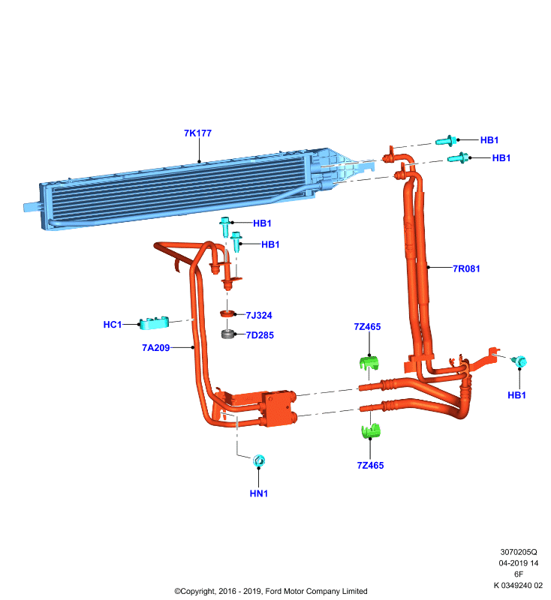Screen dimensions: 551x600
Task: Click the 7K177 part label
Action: pyautogui.click(x=197, y=133)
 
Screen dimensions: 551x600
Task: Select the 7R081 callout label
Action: pyautogui.click(x=466, y=268)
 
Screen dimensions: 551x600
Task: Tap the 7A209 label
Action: pyautogui.click(x=156, y=348)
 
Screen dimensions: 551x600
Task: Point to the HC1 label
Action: pyautogui.click(x=113, y=325)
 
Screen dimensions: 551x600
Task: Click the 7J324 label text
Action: pyautogui.click(x=259, y=315)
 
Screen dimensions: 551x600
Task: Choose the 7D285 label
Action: pyautogui.click(x=260, y=335)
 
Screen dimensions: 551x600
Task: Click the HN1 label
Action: pyautogui.click(x=259, y=493)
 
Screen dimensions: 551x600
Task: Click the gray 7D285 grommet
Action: pyautogui.click(x=227, y=334)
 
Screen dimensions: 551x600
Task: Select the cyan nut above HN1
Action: pyautogui.click(x=259, y=460)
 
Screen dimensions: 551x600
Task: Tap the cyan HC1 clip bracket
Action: pyautogui.click(x=154, y=323)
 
